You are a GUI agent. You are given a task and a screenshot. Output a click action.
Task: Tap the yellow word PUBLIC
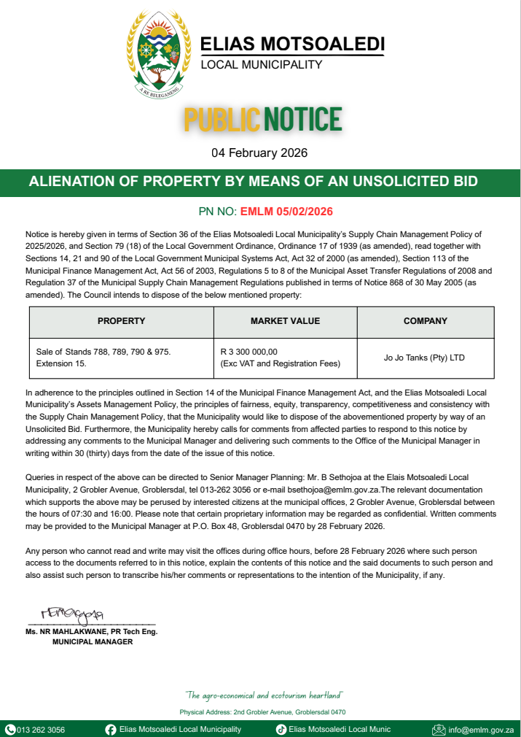pyautogui.click(x=222, y=119)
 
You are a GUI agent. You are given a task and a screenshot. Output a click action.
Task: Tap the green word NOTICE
pyautogui.click(x=302, y=119)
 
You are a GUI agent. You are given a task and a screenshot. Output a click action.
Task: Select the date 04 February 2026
pyautogui.click(x=259, y=153)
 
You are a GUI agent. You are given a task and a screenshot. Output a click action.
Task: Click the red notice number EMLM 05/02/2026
pyautogui.click(x=286, y=212)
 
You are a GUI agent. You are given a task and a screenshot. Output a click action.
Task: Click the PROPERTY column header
pyautogui.click(x=121, y=321)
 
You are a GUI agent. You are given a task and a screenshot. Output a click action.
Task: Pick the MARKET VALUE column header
pyautogui.click(x=285, y=321)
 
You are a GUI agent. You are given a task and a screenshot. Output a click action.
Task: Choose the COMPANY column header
pyautogui.click(x=426, y=321)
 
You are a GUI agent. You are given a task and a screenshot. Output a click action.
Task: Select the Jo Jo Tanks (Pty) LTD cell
pyautogui.click(x=424, y=358)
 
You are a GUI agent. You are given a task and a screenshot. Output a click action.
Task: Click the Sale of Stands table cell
pyautogui.click(x=103, y=357)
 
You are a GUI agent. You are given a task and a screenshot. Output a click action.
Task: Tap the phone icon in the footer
pyautogui.click(x=10, y=729)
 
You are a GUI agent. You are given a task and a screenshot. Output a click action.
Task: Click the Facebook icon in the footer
pyautogui.click(x=111, y=729)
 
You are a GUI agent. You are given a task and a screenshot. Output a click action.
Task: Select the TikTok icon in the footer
pyautogui.click(x=281, y=729)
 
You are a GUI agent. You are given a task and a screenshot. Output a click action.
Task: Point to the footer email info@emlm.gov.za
pyautogui.click(x=481, y=729)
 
